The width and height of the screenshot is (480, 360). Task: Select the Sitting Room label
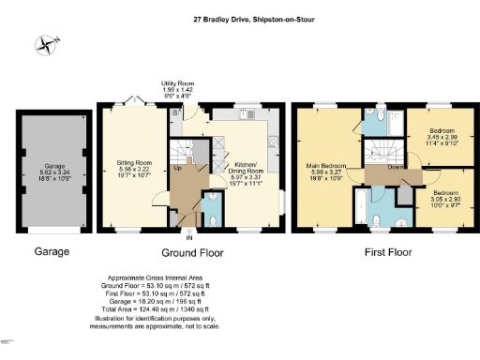coord(133,169)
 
